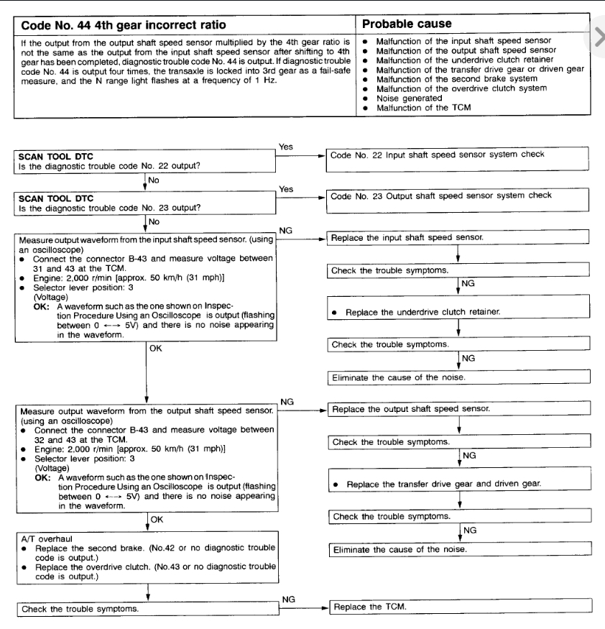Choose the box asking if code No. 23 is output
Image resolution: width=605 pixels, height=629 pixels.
coord(144,203)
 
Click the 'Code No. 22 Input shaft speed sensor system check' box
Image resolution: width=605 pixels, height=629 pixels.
coord(458,155)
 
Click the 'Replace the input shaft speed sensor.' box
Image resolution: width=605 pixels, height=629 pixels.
coord(458,237)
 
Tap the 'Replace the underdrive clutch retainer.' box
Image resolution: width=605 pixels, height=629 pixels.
coord(458,313)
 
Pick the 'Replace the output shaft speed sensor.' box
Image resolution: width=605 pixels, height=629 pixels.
coord(458,408)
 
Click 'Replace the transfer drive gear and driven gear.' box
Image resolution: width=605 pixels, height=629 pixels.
coord(458,485)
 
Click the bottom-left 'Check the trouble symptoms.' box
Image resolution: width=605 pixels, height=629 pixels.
coord(144,610)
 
